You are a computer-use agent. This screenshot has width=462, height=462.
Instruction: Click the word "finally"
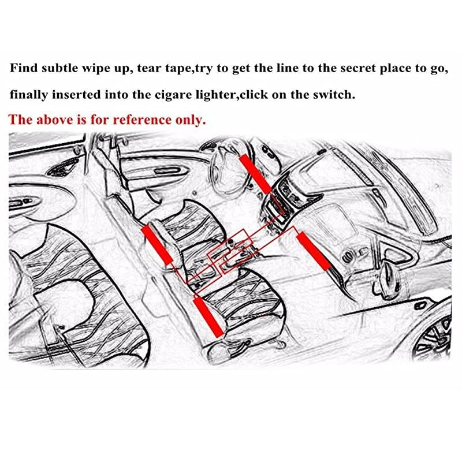28,94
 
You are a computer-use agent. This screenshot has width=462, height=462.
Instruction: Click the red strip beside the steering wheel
255,174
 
